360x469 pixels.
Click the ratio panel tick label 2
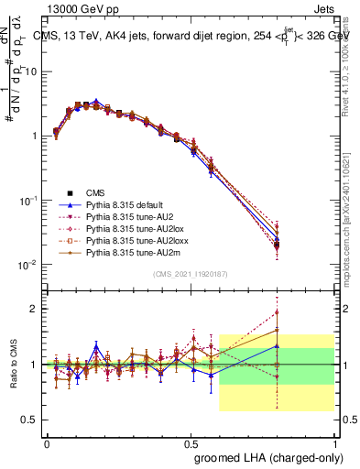(35, 309)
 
